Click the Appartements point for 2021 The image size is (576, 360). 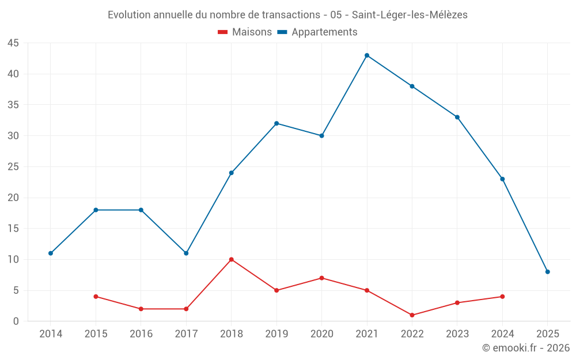pos(367,55)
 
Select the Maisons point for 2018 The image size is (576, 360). pos(232,259)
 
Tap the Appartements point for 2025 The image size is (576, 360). pos(548,272)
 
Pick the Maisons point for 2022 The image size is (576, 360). pos(412,315)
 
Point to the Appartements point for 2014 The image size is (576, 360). pos(51,253)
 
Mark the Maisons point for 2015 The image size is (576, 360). pos(96,297)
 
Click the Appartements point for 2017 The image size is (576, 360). pos(186,253)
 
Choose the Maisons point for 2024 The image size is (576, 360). pos(502,297)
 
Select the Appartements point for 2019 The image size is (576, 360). pos(276,123)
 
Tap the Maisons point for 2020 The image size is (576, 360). pos(322,278)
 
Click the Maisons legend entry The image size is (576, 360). pos(245,32)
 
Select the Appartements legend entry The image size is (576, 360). pos(318,32)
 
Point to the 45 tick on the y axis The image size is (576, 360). pos(13,43)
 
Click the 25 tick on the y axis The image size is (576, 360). pos(13,167)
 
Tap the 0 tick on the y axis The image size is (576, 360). pos(16,321)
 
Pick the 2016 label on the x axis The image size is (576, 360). pos(141,334)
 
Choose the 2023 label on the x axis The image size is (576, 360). pos(457,334)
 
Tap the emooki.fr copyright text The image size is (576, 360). pos(526,348)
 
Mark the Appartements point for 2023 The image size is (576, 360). pos(457,117)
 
